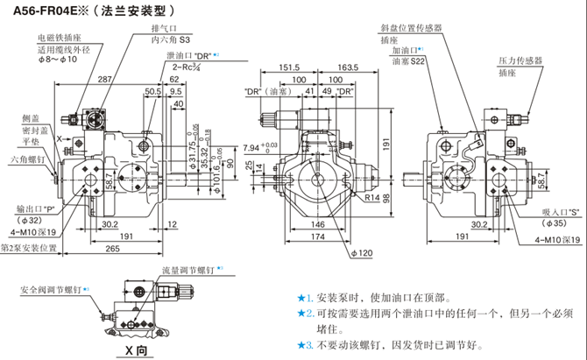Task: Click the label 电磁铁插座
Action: tap(59, 39)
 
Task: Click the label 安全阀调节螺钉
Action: tap(52, 288)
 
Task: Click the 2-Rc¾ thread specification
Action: tap(185, 67)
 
